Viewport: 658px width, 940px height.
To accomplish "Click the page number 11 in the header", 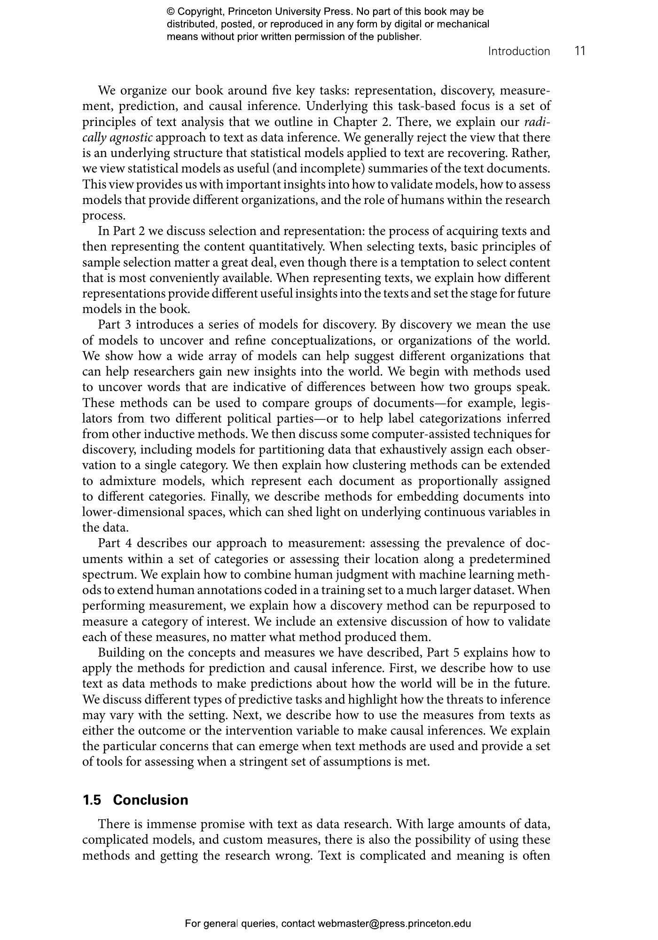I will point(580,51).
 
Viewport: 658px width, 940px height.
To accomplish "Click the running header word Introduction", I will point(519,51).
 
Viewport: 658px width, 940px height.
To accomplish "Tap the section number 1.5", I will point(92,800).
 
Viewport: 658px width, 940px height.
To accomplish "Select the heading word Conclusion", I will point(150,800).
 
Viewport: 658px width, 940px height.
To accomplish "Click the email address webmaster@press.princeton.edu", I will point(394,924).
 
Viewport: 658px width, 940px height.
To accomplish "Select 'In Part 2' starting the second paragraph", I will point(121,231).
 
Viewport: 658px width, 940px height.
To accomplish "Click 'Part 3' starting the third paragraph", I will point(114,325).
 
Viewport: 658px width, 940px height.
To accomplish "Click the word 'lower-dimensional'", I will point(133,512).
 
